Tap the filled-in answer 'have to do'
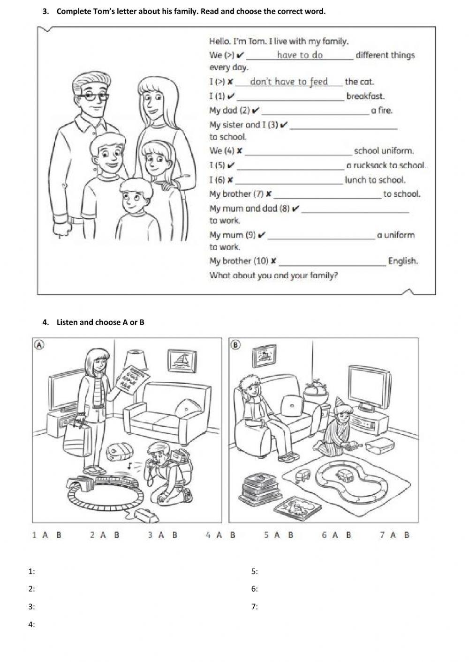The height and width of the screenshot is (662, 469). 300,55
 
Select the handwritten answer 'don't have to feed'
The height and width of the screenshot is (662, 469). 289,82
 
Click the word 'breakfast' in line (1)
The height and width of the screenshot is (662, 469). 365,96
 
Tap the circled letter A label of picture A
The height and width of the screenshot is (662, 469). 40,344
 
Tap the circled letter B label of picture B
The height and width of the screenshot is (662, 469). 236,344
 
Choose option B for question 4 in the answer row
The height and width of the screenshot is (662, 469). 233,535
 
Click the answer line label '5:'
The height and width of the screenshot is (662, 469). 255,571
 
